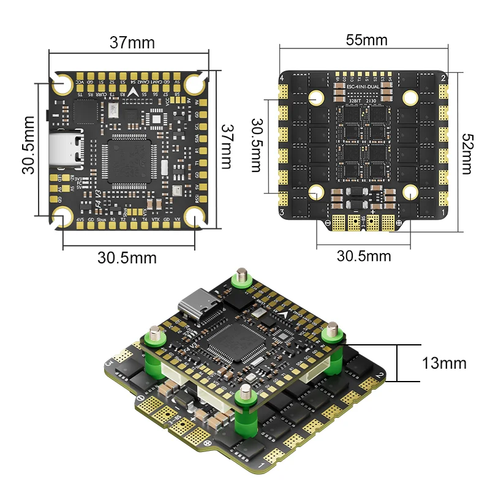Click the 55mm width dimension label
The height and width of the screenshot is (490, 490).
(367, 40)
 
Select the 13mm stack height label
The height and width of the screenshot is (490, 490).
(444, 363)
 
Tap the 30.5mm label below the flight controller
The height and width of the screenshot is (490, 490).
(127, 258)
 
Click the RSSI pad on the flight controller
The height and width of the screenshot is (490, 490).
(197, 199)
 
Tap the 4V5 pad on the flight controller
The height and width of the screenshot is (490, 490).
(81, 219)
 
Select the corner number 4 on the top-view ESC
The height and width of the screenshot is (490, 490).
(282, 79)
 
